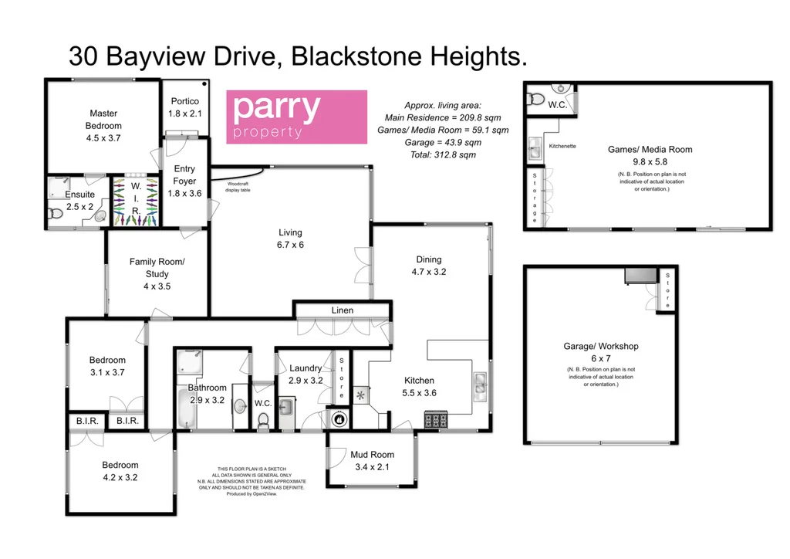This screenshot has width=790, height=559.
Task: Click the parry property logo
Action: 295,117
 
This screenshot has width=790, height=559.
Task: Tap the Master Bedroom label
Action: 103,120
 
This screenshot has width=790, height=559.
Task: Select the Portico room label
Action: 184,101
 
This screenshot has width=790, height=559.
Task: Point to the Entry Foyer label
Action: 184,174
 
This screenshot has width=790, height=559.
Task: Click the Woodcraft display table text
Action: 238,186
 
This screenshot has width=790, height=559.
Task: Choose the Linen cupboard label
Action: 343,310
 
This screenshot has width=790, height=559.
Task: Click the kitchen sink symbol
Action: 480,381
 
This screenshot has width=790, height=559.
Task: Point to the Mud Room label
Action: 372,455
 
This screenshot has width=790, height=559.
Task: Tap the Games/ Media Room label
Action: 653,150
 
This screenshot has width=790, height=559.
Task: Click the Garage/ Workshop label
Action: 600,347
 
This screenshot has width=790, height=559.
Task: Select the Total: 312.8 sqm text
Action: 443,154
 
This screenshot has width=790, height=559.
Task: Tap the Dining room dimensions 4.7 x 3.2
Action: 430,272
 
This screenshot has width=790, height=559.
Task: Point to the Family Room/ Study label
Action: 157,268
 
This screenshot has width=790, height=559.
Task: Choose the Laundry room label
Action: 306,368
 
